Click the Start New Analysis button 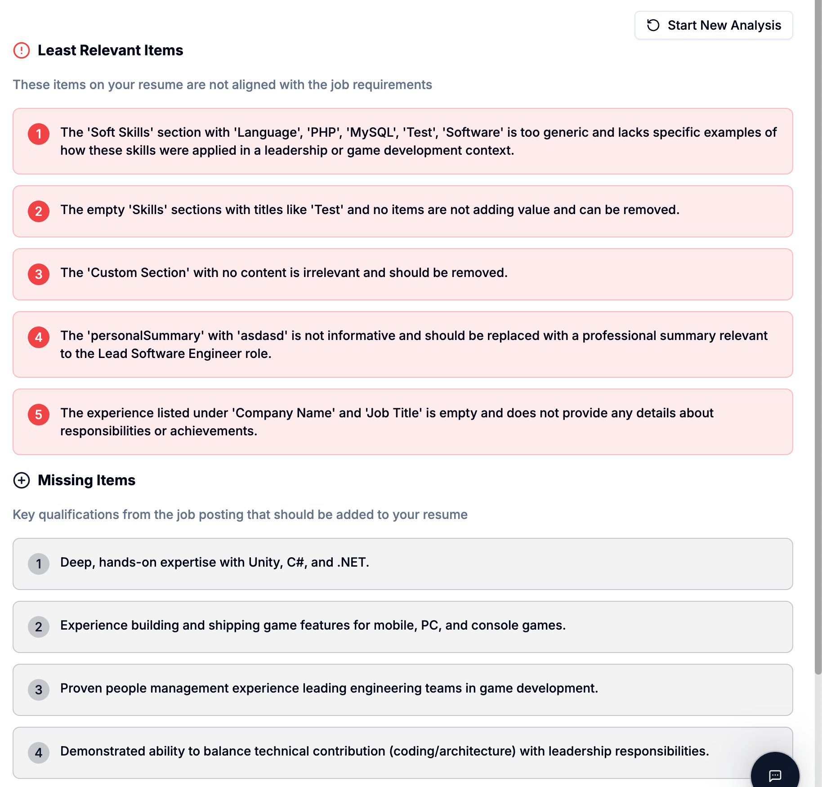[x=713, y=25]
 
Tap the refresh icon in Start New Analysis [x=653, y=25]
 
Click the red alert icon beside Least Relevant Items [x=22, y=50]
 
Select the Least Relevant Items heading [x=110, y=50]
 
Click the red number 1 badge [x=39, y=134]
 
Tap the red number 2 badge [x=39, y=211]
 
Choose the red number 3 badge [x=39, y=274]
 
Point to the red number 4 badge [x=39, y=337]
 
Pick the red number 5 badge [x=39, y=415]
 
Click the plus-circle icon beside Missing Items [x=22, y=480]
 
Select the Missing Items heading [x=86, y=480]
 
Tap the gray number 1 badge [x=39, y=564]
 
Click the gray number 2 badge [x=39, y=627]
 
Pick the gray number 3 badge [x=39, y=690]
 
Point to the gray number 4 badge [x=39, y=753]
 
